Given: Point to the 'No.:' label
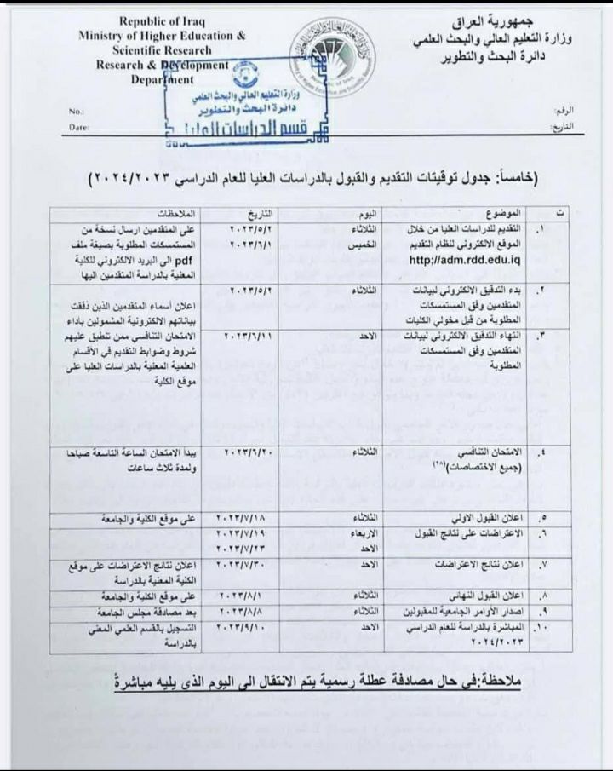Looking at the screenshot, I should coord(75,112).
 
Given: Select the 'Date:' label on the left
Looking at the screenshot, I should coord(78,127).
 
